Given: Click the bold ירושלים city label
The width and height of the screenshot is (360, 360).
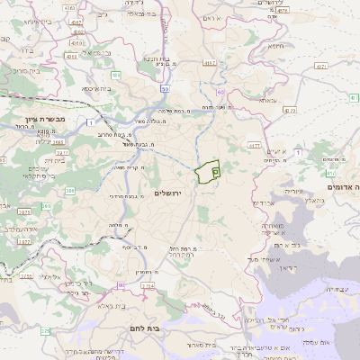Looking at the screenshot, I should (x=168, y=193).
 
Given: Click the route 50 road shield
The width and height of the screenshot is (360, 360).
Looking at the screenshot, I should (x=166, y=90).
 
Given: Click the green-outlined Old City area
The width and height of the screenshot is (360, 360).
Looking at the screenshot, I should (x=208, y=171).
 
